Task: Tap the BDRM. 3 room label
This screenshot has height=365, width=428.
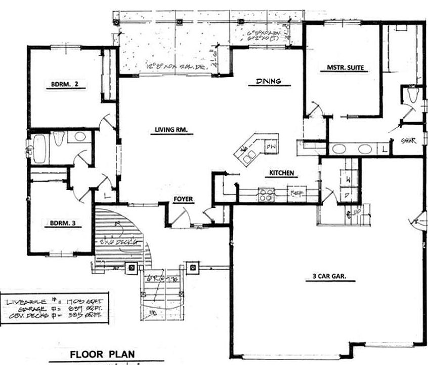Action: tap(63, 222)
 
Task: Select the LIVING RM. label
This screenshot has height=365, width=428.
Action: tap(172, 130)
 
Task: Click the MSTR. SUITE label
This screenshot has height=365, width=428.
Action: tap(342, 67)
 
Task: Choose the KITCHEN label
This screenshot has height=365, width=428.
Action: tap(282, 173)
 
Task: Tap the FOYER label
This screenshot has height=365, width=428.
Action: tap(183, 199)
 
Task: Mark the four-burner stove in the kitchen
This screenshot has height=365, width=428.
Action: tap(266, 194)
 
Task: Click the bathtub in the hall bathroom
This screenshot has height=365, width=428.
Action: tap(40, 149)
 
